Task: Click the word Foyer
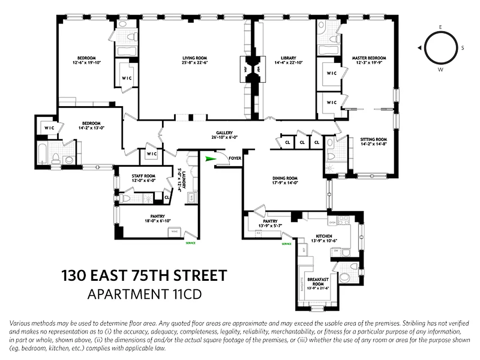coord(235,158)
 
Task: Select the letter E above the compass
coord(440,27)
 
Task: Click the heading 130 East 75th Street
coord(144,275)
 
